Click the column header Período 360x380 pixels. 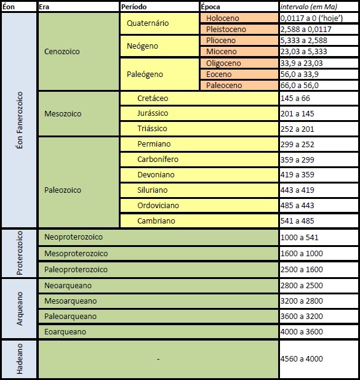pyautogui.click(x=134, y=7)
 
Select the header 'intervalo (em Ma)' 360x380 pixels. pyautogui.click(x=309, y=7)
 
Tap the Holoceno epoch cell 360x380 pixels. pyautogui.click(x=239, y=18)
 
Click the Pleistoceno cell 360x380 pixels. pyautogui.click(x=239, y=29)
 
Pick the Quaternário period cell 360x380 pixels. pyautogui.click(x=159, y=23)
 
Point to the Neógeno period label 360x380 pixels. pyautogui.click(x=142, y=46)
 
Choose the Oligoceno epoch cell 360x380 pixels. pyautogui.click(x=239, y=63)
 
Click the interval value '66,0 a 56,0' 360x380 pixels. pyautogui.click(x=300, y=86)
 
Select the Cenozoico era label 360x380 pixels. pyautogui.click(x=62, y=51)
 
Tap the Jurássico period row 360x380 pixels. pyautogui.click(x=199, y=113)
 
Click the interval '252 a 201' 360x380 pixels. pyautogui.click(x=297, y=129)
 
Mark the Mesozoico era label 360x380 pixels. pyautogui.click(x=63, y=114)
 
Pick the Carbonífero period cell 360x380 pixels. pyautogui.click(x=199, y=160)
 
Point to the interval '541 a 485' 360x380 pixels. pyautogui.click(x=297, y=220)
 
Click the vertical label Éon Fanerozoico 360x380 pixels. pyautogui.click(x=20, y=120)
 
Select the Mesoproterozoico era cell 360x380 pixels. pyautogui.click(x=158, y=254)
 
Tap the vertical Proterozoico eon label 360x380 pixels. pyautogui.click(x=20, y=253)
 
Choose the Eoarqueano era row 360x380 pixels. pyautogui.click(x=158, y=331)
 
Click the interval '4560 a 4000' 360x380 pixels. pyautogui.click(x=302, y=358)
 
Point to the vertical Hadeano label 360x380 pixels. pyautogui.click(x=20, y=358)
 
